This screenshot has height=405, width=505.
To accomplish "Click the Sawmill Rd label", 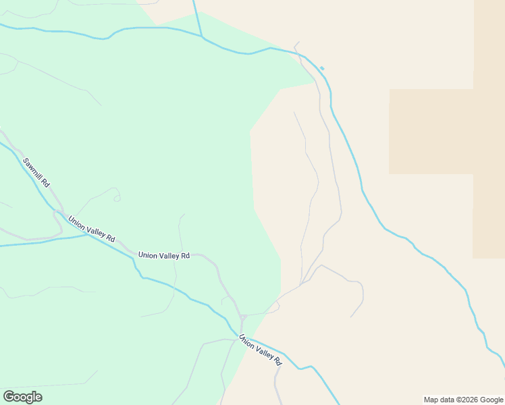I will point(36,173).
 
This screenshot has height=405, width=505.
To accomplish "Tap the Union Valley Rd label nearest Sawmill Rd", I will point(92,228).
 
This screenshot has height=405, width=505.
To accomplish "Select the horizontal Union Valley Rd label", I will point(163,255).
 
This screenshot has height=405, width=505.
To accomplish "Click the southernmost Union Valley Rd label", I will point(260,351).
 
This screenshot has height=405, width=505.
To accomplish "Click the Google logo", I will point(22,397).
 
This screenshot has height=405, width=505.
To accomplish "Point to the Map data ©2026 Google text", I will point(463,400).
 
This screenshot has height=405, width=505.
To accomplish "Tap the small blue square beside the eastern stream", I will point(322,68).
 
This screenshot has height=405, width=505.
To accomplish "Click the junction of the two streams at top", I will point(202,37).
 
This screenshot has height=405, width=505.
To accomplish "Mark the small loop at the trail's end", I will point(117,197).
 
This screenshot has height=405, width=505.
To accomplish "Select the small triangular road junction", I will point(243,317).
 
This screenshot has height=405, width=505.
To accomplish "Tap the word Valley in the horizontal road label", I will point(167,255).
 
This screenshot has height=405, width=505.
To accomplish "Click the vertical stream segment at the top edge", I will point(196,17).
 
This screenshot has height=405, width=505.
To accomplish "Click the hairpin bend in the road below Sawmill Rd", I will point(56,215).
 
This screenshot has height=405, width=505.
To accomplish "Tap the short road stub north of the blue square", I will point(296,45).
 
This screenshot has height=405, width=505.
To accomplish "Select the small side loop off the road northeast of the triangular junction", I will point(275,305).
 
